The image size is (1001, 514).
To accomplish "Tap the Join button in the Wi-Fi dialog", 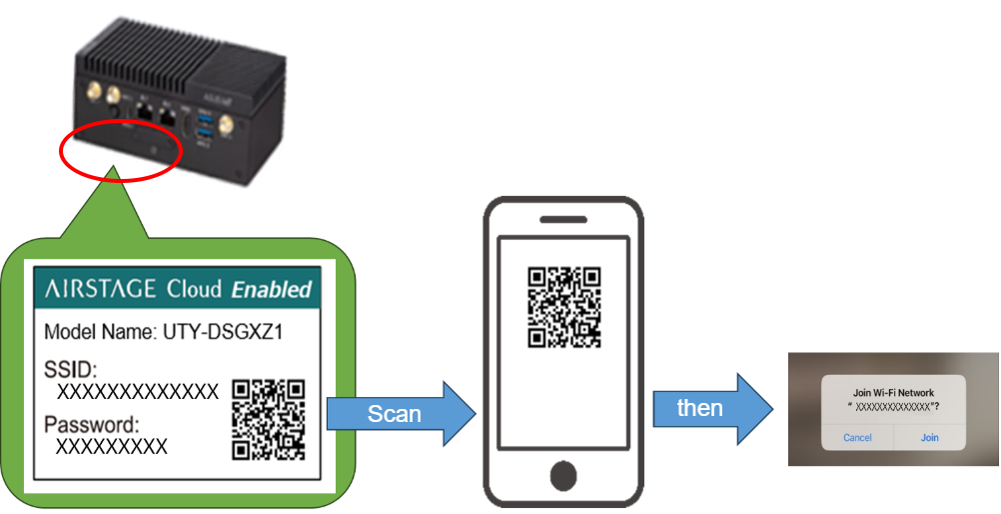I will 929,437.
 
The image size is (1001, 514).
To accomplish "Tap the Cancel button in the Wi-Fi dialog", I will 857,437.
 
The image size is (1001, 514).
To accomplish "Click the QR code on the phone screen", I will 563,307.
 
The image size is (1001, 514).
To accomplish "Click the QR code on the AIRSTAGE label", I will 268,418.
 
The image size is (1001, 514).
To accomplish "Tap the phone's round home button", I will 563,473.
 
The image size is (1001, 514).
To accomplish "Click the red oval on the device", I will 121,152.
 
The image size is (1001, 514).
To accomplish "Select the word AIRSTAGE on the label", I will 100,290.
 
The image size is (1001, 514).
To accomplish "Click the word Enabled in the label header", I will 272,291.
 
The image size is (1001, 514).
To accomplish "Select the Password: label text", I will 91,425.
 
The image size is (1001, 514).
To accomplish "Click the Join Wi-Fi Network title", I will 893,393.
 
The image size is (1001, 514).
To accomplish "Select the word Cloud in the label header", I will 193,290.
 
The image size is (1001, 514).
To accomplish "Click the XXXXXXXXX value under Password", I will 111,446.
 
